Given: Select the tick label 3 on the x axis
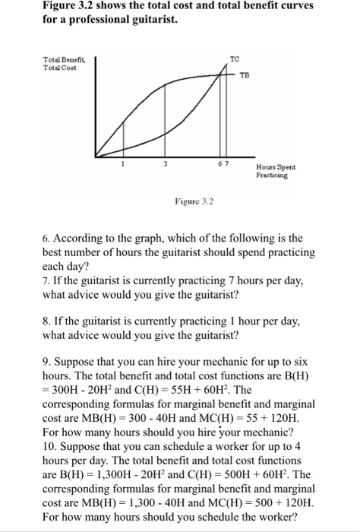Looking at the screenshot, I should (x=163, y=162).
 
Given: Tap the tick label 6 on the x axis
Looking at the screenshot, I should (x=221, y=162).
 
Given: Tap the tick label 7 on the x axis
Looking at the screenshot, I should (x=227, y=162).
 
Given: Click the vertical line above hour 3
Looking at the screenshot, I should (x=163, y=122).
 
